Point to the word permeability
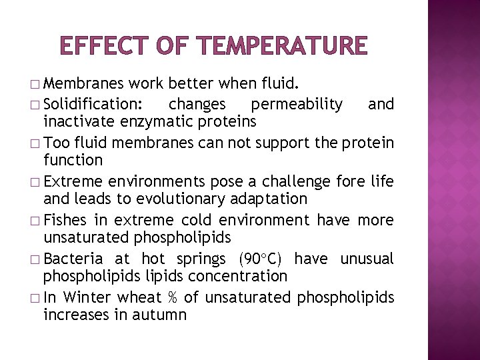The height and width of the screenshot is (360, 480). pos(297,105)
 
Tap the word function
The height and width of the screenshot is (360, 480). pos(73,160)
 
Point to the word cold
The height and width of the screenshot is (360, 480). pos(201,221)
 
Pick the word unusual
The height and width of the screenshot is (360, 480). pos(367,259)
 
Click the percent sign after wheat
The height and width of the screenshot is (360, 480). pos(172,297)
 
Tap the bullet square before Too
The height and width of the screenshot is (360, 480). pos(35,144)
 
